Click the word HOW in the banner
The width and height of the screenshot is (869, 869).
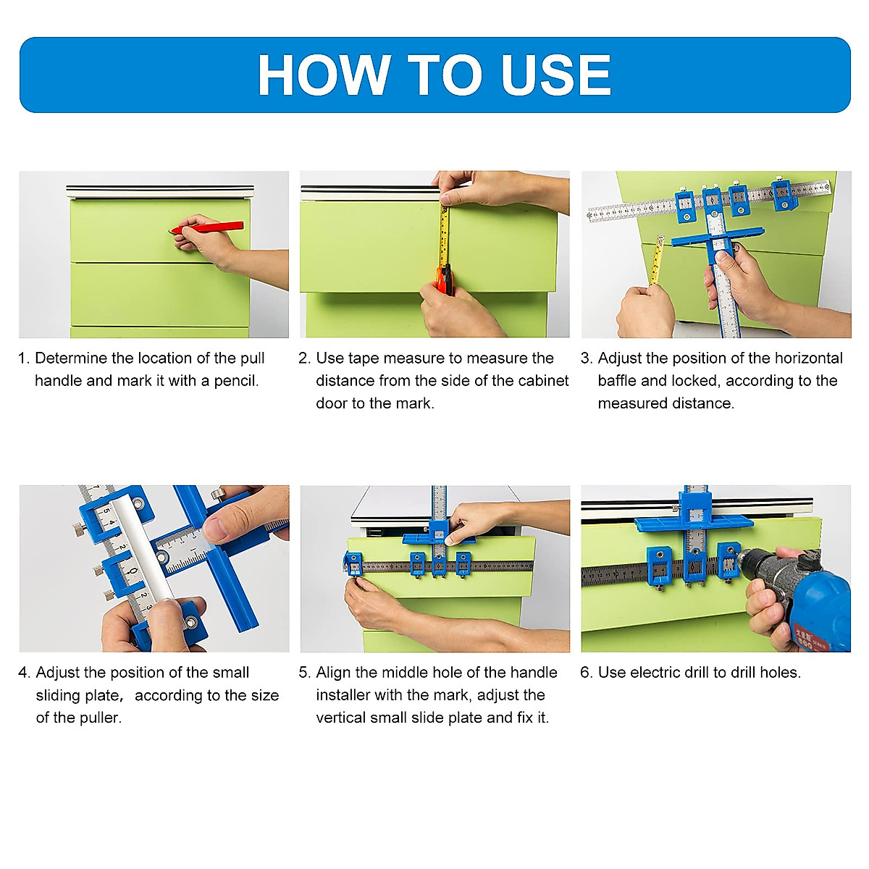(x=324, y=75)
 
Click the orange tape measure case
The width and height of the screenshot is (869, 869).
(x=445, y=280)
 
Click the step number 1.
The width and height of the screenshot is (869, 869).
(x=23, y=358)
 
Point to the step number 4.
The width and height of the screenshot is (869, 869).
(x=25, y=673)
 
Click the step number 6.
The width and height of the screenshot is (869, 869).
(x=586, y=673)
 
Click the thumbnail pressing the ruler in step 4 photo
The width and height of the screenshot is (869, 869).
(x=216, y=530)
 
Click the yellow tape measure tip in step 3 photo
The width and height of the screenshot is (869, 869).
(x=660, y=239)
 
